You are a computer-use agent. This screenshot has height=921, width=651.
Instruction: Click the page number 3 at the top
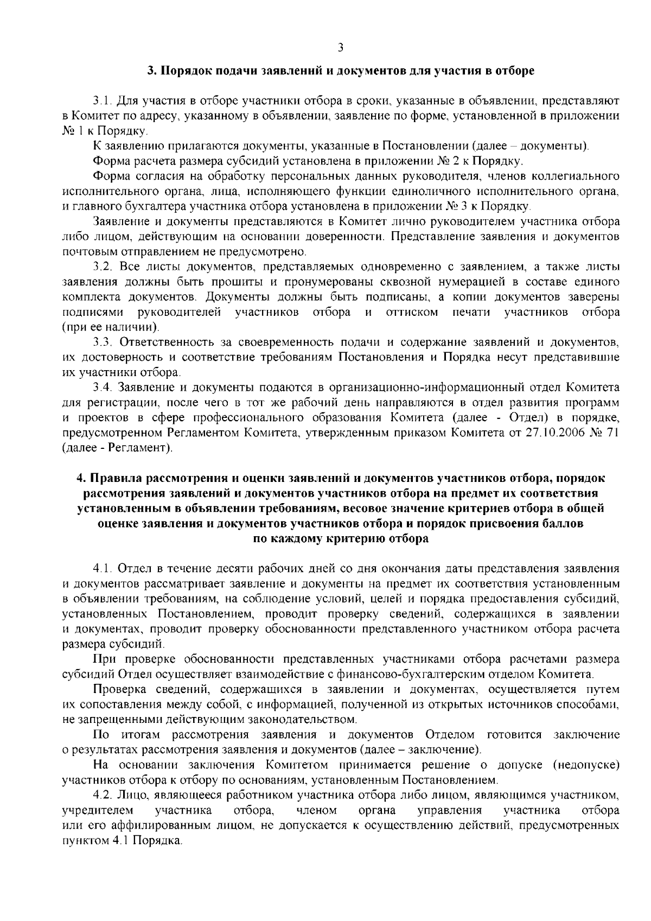[x=340, y=48]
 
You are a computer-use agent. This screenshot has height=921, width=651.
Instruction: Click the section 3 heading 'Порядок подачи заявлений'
[x=341, y=72]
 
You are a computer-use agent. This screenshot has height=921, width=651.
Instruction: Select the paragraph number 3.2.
[x=103, y=267]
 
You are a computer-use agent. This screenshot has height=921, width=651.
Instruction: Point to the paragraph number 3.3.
[x=103, y=342]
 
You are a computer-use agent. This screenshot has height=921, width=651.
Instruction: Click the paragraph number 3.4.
[x=103, y=388]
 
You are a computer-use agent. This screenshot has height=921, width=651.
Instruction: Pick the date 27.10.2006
[x=553, y=434]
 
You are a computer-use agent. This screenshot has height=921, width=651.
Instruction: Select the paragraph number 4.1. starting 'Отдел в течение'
[x=103, y=569]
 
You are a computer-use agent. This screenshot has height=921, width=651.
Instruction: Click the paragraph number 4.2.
[x=103, y=796]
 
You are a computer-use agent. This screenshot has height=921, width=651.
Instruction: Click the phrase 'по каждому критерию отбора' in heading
[x=341, y=539]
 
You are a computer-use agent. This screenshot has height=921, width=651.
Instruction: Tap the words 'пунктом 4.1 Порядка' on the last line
[x=123, y=841]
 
